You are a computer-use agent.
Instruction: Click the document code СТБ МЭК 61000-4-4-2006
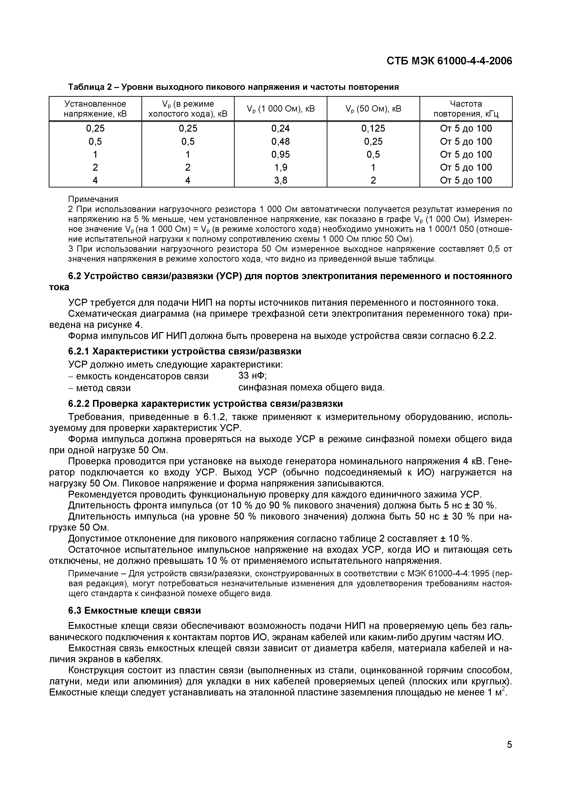pyautogui.click(x=449, y=61)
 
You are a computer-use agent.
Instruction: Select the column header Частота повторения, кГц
pyautogui.click(x=466, y=109)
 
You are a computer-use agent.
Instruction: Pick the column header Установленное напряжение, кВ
pyautogui.click(x=95, y=109)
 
